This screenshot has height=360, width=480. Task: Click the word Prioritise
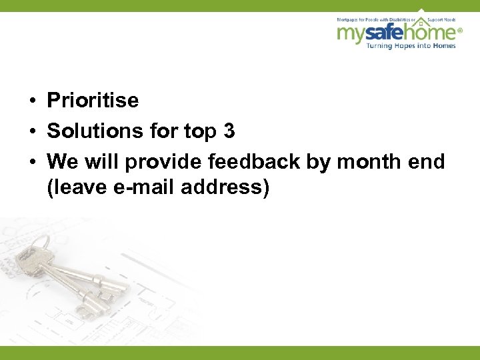tap(93, 101)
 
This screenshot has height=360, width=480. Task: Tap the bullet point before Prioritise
tap(31, 101)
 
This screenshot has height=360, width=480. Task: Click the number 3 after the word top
tap(229, 131)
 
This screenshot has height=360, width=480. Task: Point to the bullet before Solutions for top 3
tap(31, 132)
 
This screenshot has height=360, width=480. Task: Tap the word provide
tap(165, 162)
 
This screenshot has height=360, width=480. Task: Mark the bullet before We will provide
tap(31, 162)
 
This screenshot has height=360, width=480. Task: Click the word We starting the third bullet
tap(62, 161)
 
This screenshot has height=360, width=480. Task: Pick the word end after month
tap(427, 161)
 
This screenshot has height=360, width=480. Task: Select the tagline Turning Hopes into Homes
tap(414, 45)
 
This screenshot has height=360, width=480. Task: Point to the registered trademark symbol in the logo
tap(459, 31)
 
